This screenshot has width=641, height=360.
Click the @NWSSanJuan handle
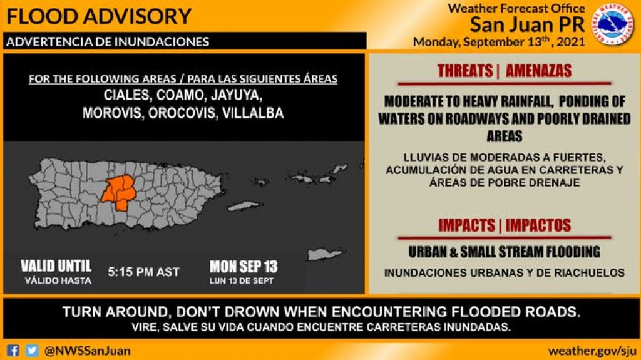coord(88,350)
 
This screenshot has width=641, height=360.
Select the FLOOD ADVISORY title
coord(99,15)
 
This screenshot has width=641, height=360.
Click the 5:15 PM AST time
coord(143,272)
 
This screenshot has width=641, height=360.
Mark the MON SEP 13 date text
coord(244,266)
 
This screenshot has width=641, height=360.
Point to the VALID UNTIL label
coord(56,265)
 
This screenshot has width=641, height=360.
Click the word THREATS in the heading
coord(465,71)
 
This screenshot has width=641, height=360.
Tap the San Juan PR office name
coord(528,25)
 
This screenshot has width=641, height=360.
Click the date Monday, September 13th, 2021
coord(499,43)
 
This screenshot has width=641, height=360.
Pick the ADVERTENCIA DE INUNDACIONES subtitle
coord(107,42)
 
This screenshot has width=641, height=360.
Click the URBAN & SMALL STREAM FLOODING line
coord(505,252)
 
